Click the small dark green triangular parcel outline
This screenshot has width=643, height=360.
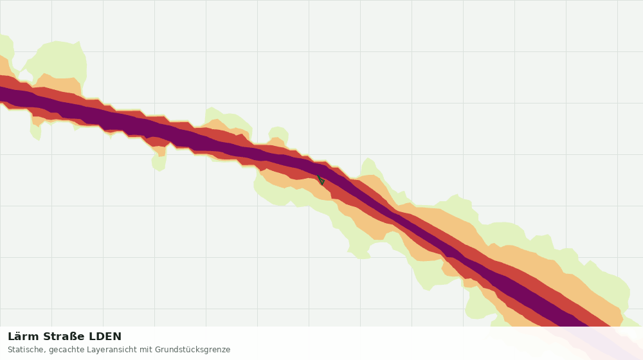[321, 180]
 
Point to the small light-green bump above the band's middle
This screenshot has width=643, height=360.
[278, 134]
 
